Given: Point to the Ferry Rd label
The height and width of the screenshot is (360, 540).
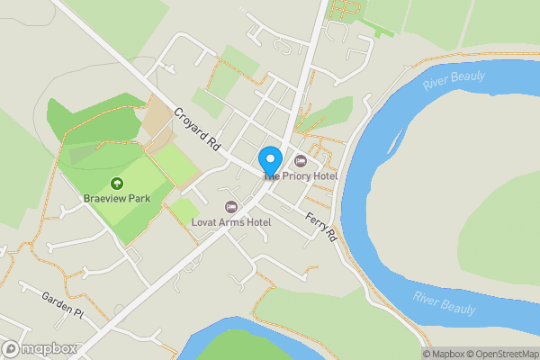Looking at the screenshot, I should click(319, 225).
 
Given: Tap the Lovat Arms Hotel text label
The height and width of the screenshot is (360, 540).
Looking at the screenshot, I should click(232, 221).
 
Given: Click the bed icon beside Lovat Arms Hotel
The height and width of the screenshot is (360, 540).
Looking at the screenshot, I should click(230, 207).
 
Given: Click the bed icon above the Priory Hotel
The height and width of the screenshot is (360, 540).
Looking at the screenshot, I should click(301, 161).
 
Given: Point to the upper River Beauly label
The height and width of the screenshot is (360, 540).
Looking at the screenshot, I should click(456, 81).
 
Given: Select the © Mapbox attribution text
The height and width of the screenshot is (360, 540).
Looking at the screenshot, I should click(443, 353).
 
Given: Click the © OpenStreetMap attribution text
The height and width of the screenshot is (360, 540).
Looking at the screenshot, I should click(500, 353).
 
